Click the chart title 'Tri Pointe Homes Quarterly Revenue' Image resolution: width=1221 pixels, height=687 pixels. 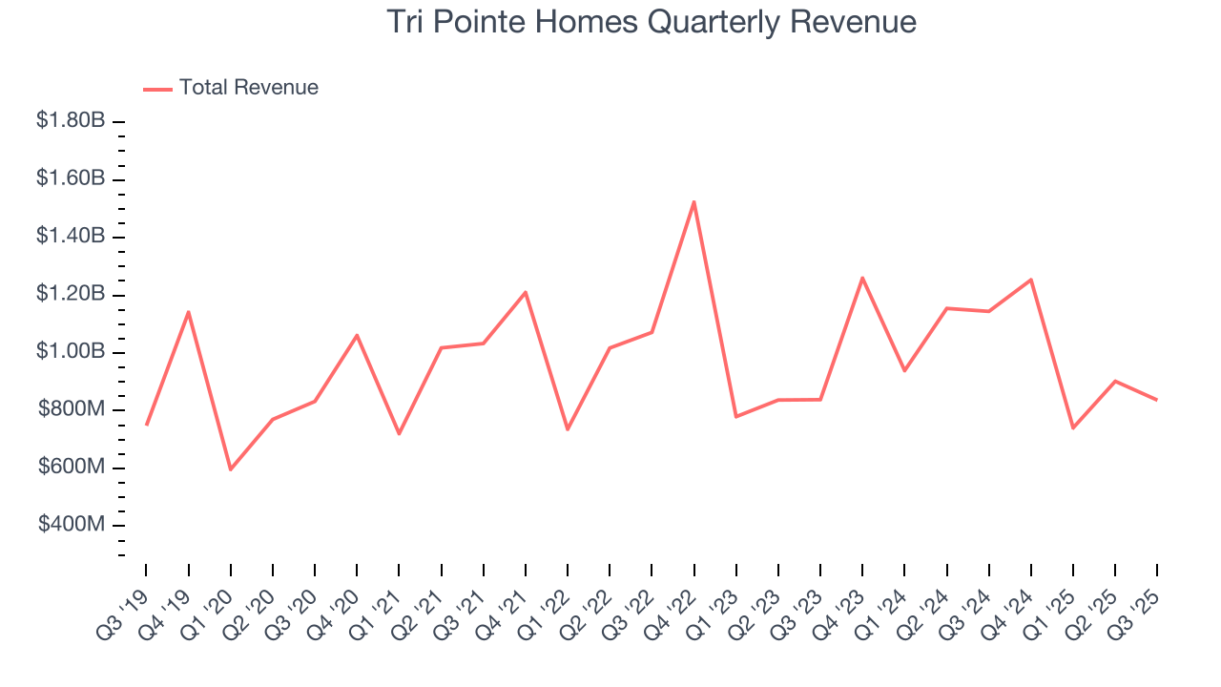pyautogui.click(x=652, y=22)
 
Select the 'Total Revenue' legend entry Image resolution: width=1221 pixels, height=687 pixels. pyautogui.click(x=248, y=88)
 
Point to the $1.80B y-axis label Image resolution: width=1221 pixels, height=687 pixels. pyautogui.click(x=71, y=121)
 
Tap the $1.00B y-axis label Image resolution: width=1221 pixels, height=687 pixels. pyautogui.click(x=71, y=352)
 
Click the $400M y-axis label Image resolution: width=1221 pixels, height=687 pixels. pyautogui.click(x=71, y=526)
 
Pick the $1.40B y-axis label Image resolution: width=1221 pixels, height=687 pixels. pyautogui.click(x=71, y=237)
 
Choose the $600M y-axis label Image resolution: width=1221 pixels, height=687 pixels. pyautogui.click(x=71, y=468)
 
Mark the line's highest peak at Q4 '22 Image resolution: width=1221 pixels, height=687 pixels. pyautogui.click(x=693, y=201)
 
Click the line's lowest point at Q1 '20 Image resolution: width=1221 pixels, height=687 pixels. pyautogui.click(x=230, y=469)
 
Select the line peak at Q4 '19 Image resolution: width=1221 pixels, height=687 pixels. pyautogui.click(x=188, y=312)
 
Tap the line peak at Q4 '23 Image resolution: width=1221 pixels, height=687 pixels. pyautogui.click(x=862, y=278)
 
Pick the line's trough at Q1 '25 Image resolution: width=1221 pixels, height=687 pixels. pyautogui.click(x=1073, y=427)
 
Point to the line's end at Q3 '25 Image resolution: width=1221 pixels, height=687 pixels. pyautogui.click(x=1157, y=400)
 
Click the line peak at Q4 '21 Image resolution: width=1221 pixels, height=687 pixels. pyautogui.click(x=525, y=292)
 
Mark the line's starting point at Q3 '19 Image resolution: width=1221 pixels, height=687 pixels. pyautogui.click(x=146, y=425)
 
